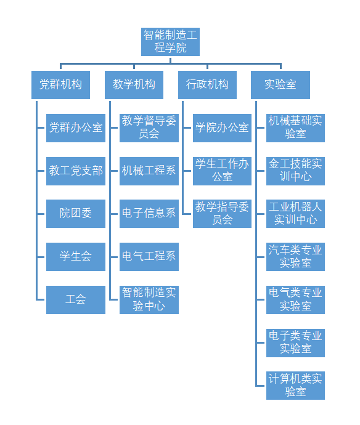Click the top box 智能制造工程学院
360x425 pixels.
click(x=170, y=42)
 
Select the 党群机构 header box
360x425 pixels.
click(x=60, y=85)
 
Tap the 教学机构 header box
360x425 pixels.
click(x=134, y=85)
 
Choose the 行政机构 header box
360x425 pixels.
click(x=207, y=85)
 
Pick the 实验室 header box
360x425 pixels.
click(x=280, y=85)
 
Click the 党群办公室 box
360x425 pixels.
click(x=76, y=128)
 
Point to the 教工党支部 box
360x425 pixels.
click(x=76, y=171)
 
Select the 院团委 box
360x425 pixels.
click(x=76, y=214)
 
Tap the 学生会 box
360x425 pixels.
click(x=76, y=257)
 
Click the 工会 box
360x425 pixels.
click(x=76, y=300)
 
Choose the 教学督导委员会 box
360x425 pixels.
click(x=149, y=128)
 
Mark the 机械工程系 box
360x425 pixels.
click(x=149, y=171)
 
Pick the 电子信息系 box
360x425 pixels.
click(x=149, y=214)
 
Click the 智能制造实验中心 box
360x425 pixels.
click(x=149, y=300)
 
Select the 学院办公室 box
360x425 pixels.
click(x=222, y=128)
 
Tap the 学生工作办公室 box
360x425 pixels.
click(x=222, y=171)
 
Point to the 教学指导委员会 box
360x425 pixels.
click(x=222, y=214)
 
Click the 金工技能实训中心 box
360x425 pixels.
click(x=295, y=171)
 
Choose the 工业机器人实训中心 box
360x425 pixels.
click(x=295, y=214)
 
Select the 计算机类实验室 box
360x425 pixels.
click(x=295, y=386)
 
